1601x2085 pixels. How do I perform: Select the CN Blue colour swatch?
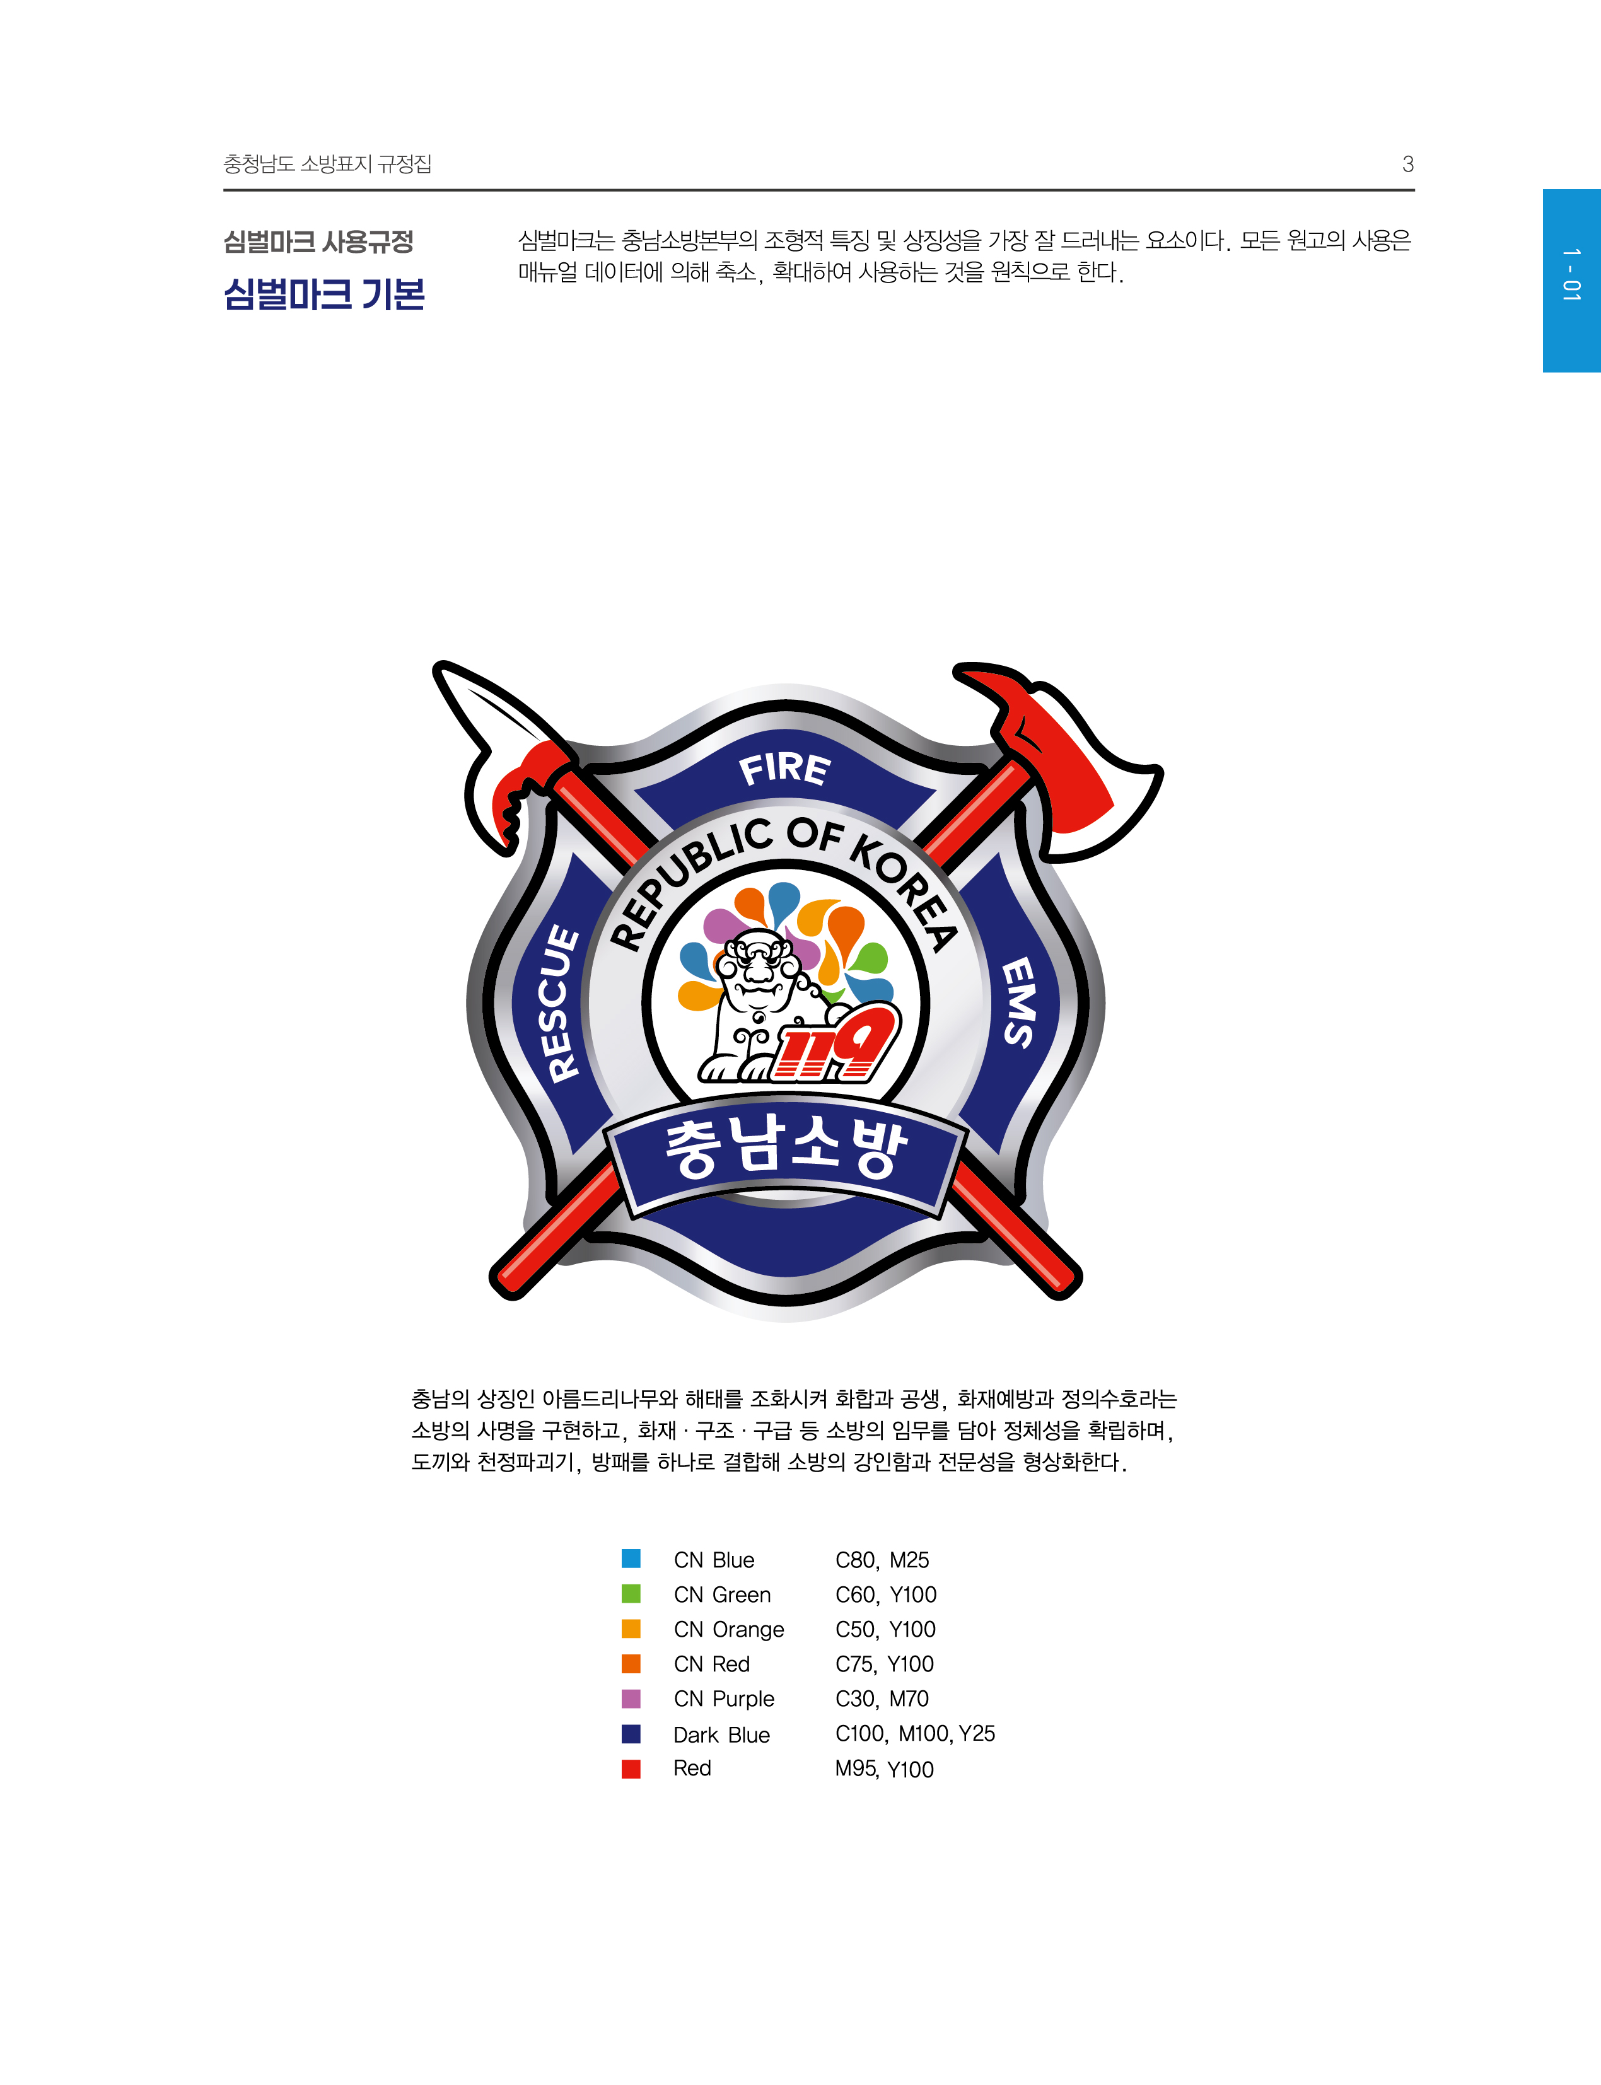tap(631, 1559)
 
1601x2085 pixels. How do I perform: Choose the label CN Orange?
tap(729, 1630)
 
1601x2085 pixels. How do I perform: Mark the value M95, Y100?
tap(884, 1768)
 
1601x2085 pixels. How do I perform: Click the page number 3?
tap(1407, 164)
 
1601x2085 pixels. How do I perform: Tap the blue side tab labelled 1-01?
tap(1571, 280)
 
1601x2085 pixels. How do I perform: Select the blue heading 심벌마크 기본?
tap(324, 294)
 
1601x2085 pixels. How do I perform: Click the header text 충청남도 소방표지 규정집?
tap(328, 164)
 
